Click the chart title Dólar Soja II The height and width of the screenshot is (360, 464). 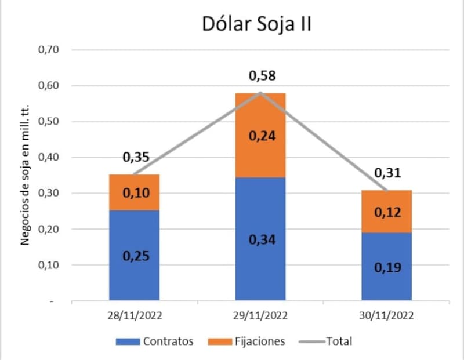(257, 24)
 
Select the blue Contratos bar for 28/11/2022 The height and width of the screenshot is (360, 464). (134, 255)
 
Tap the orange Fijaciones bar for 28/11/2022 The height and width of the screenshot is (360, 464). (134, 192)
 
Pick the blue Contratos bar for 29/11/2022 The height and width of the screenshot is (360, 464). (260, 239)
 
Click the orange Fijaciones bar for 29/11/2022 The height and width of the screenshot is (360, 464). (260, 136)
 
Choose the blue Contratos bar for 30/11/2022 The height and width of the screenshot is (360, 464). (386, 267)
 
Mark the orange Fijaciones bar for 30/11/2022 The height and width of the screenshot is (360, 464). (386, 212)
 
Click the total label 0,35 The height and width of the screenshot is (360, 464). (135, 157)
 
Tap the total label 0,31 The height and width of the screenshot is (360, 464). (387, 172)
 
